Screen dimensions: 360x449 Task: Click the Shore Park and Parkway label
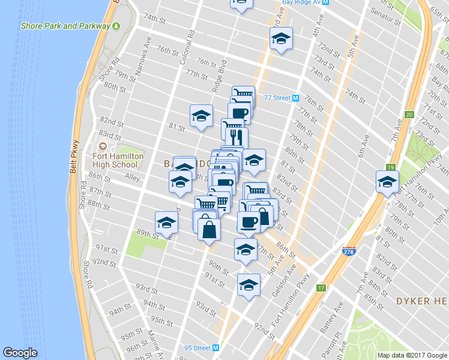coord(66,26)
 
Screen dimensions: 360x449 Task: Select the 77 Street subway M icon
coord(295,98)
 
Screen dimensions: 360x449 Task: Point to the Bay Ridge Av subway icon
coord(325,2)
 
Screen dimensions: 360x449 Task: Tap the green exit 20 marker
coord(409,115)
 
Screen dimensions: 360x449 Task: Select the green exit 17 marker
coord(322,288)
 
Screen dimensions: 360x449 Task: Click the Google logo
coord(20,352)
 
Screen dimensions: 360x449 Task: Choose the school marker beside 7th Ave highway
coord(387,181)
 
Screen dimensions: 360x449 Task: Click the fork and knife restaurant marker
coord(235,137)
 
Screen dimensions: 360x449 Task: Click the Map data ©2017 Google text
coord(412,355)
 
